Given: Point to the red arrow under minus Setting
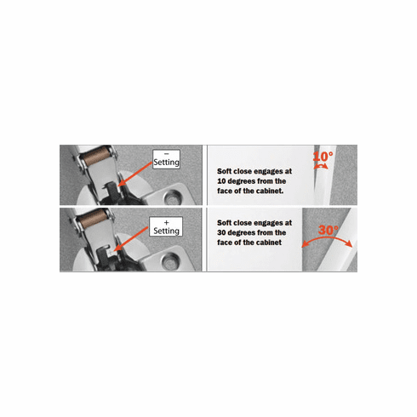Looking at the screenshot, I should coord(136,175).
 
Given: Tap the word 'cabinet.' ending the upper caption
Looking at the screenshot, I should coord(271,192).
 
